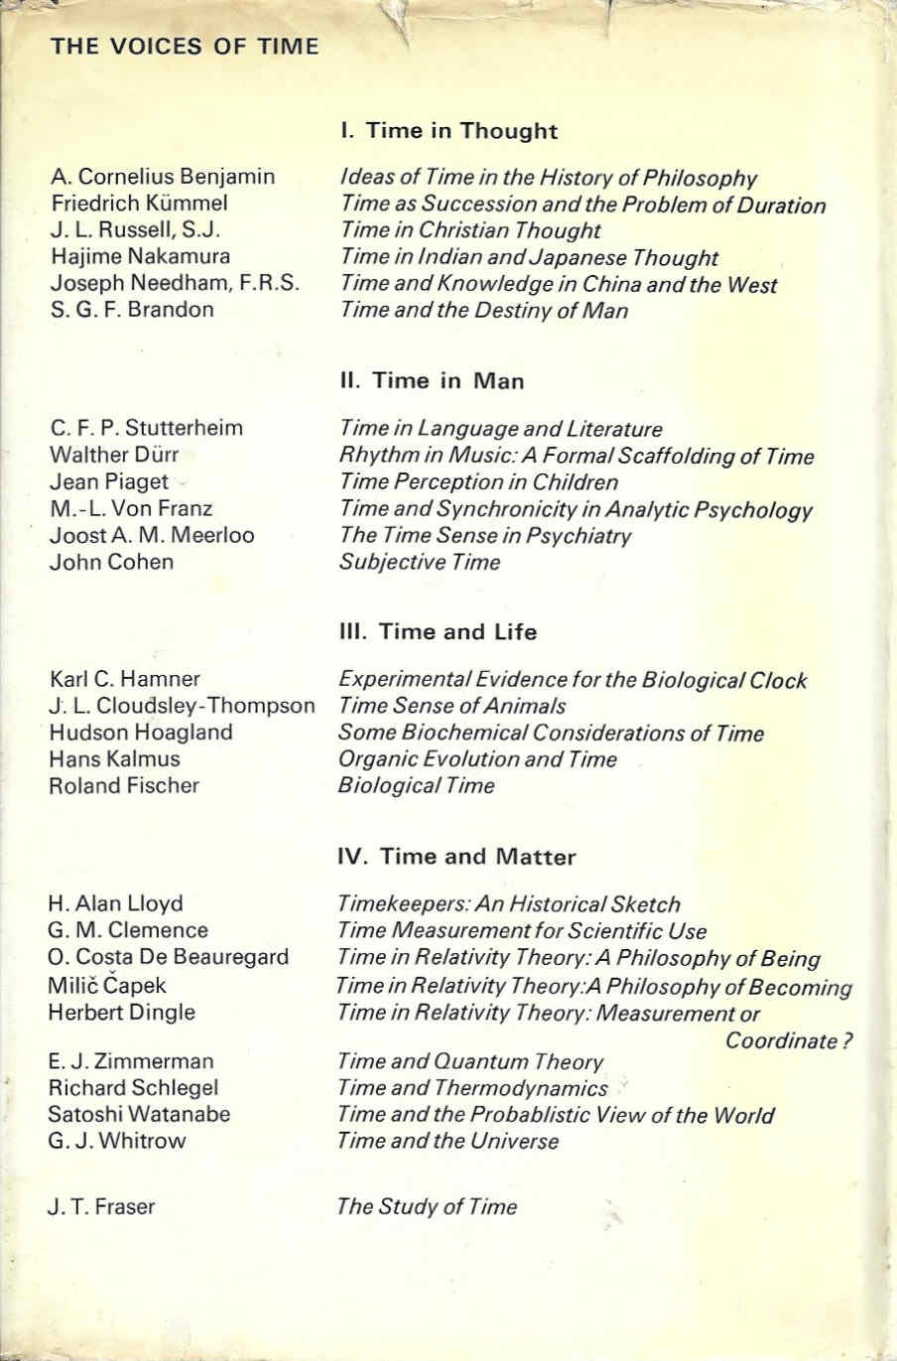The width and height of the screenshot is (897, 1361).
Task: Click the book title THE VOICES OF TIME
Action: point(185,47)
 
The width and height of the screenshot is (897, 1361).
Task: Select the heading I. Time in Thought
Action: point(448,131)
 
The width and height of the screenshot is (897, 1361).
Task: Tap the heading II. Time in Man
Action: point(433,381)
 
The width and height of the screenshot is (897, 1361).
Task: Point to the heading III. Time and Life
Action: point(439,632)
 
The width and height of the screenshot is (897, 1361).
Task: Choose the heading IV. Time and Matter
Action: point(456,857)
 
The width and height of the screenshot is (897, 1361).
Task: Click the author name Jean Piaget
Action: point(109,482)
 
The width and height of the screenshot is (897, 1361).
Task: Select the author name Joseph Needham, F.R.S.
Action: point(175,284)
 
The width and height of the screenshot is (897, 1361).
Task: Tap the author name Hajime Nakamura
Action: point(140,257)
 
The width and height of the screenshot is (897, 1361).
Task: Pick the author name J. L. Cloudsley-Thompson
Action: point(182,706)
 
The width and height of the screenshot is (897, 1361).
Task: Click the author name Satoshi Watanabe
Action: point(139,1114)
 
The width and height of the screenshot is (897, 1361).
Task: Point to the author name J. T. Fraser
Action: point(101,1207)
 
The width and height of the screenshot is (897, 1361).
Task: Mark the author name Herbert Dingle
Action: point(122,1013)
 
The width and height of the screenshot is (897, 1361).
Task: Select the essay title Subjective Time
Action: point(420,563)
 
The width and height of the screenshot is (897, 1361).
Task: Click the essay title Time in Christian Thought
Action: point(469,231)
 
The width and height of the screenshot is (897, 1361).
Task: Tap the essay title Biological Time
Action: point(416,786)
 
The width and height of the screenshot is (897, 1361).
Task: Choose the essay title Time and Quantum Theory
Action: point(470,1062)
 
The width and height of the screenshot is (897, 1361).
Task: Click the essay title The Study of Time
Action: point(427,1207)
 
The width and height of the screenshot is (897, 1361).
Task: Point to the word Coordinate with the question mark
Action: point(790,1041)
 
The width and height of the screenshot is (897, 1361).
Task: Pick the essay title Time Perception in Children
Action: point(478,482)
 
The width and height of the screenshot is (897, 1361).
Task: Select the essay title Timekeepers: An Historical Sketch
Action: point(509,904)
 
